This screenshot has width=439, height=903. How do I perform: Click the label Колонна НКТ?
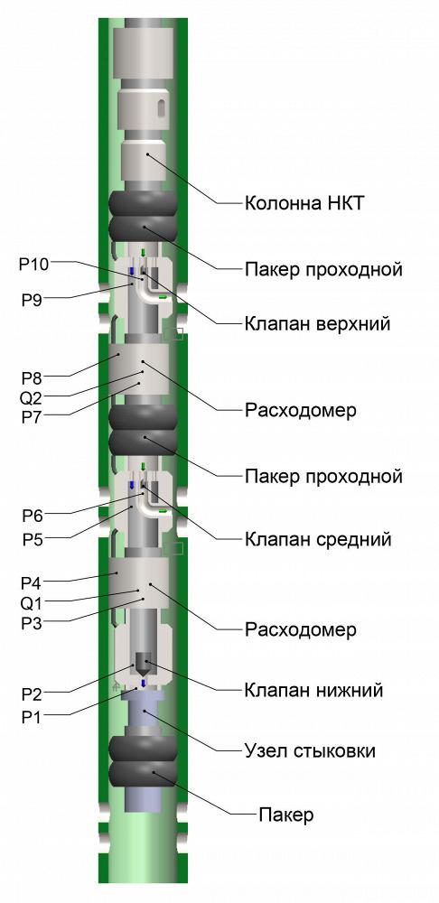pos(304,202)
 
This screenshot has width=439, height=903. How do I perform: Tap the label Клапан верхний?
pos(317,323)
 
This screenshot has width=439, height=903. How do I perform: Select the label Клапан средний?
pos(318,540)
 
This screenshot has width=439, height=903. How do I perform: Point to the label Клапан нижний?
pos(313,689)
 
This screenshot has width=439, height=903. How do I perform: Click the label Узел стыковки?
pos(310,751)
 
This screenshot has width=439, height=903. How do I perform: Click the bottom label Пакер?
pos(286,815)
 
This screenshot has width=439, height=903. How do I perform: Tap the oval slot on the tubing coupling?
pos(163,107)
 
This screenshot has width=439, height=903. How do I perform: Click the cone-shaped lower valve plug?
pos(143,665)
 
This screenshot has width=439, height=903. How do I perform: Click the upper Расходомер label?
pos(300,411)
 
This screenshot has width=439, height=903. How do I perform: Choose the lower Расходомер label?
pos(300,629)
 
